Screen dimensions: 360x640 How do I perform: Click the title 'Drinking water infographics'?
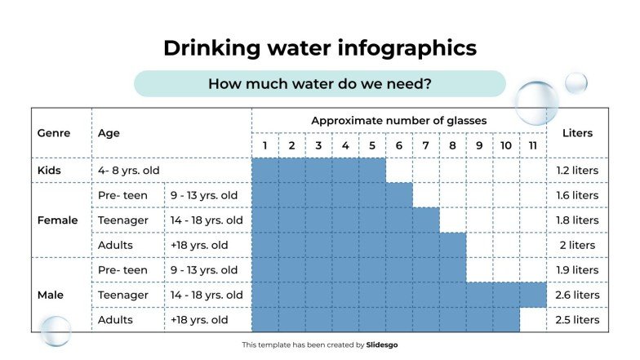[319, 48]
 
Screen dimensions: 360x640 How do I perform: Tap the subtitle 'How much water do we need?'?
[319, 83]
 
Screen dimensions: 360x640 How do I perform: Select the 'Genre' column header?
[54, 133]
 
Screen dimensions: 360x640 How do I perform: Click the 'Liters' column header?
[577, 133]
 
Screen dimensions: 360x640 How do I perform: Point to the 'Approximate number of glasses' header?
[398, 121]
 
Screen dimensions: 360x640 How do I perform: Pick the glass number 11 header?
[532, 145]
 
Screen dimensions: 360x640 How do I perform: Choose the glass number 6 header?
[398, 145]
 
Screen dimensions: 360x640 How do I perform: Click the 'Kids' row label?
[50, 171]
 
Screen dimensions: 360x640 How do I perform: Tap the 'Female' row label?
[58, 220]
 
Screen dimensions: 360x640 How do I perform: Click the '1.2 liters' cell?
[577, 171]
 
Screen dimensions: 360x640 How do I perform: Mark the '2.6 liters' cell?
[577, 295]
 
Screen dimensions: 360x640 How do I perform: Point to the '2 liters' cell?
[577, 245]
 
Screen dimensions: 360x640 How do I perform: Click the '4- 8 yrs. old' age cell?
[128, 171]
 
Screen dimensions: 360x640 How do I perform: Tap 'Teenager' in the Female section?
[122, 220]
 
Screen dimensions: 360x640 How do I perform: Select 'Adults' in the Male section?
[115, 320]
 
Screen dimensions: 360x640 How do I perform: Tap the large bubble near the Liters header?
[536, 103]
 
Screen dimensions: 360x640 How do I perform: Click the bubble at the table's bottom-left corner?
[56, 331]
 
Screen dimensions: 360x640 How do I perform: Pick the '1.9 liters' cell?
[577, 270]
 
